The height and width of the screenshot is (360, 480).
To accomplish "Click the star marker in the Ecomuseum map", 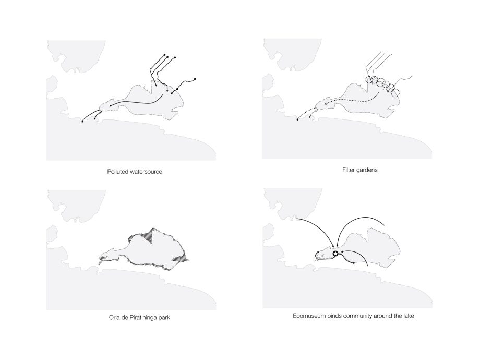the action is pos(335,254).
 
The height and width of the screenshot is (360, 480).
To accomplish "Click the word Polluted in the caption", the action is pos(118,172).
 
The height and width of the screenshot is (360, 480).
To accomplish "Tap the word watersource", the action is pos(146,172).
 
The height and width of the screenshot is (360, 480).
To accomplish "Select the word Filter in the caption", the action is pos(349,170).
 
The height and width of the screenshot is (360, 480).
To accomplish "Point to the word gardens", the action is pos(367,170).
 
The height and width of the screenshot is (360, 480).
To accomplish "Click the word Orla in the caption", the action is pos(114,317).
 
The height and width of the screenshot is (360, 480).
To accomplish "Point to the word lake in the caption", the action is pos(409,316).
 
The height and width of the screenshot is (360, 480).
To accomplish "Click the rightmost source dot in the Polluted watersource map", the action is pos(195,79).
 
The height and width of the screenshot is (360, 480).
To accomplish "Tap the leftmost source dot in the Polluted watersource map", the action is pos(165,54).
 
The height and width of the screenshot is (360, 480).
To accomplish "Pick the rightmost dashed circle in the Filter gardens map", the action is pos(395,92).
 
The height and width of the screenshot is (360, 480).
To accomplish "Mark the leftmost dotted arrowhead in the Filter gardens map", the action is pos(297,120).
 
